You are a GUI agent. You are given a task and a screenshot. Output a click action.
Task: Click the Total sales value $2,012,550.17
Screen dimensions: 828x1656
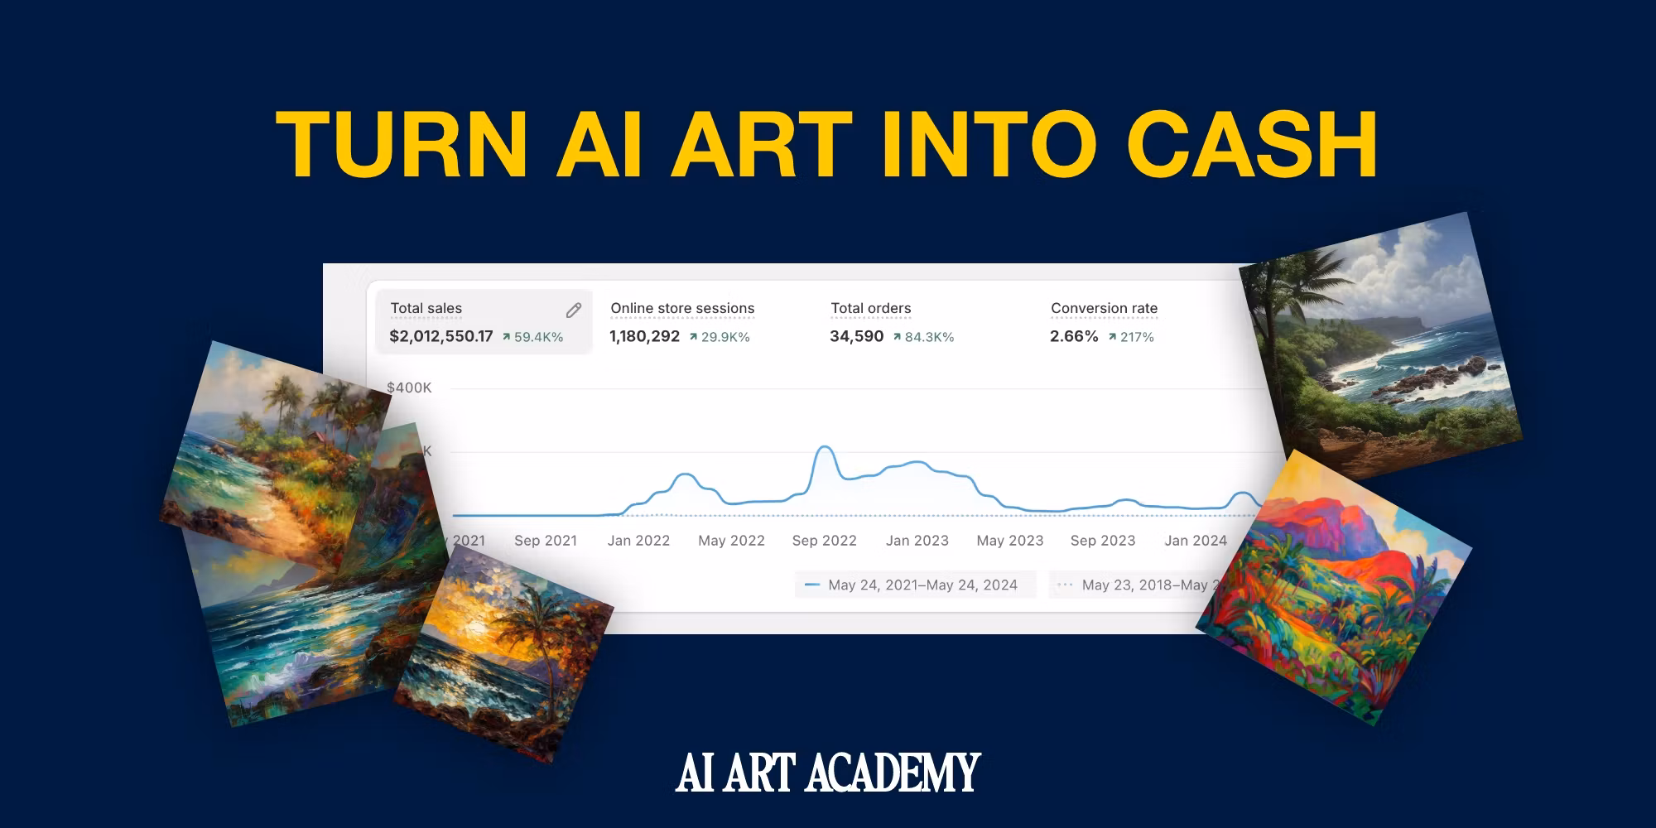point(440,336)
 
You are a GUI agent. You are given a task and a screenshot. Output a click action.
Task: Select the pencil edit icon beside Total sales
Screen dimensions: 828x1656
point(573,310)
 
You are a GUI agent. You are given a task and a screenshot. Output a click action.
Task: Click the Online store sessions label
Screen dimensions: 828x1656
point(682,308)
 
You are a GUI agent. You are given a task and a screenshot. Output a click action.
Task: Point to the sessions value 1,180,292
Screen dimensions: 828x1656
point(644,336)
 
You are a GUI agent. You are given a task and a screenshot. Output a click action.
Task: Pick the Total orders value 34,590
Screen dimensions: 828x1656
point(856,336)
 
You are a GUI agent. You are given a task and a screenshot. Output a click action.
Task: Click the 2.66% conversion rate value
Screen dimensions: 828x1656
point(1074,336)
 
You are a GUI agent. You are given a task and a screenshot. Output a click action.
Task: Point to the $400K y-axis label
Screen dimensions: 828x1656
point(409,388)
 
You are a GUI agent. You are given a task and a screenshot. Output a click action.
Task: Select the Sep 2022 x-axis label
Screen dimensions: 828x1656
point(824,541)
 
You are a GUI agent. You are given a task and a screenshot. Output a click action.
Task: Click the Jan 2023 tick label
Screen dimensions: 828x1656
point(917,541)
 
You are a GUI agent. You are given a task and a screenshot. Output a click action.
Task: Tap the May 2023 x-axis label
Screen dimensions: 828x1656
point(1009,541)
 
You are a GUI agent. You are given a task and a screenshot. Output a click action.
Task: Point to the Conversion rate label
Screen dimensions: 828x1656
point(1104,308)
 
